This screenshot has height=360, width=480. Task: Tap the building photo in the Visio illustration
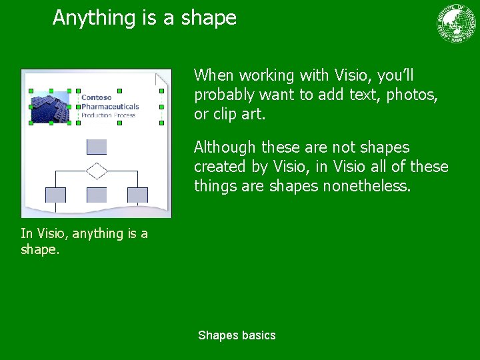[50, 107]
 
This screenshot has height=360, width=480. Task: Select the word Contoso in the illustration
[97, 98]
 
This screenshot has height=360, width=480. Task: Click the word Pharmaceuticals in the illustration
[110, 107]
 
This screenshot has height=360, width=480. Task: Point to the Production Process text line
[108, 115]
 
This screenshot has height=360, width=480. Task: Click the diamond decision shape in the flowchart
[97, 171]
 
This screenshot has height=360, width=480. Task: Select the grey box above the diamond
[97, 147]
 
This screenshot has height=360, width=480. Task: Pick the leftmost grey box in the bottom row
[55, 195]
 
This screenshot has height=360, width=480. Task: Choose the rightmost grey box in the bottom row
[137, 195]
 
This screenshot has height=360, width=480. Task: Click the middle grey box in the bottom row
[97, 195]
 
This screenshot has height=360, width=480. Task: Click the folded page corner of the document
[163, 80]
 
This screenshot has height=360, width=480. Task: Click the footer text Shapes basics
[237, 335]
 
